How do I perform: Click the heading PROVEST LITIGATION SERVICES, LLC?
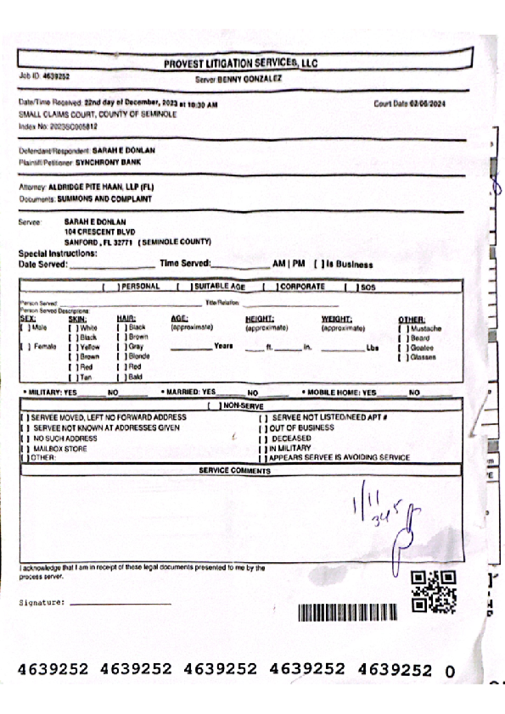point(239,64)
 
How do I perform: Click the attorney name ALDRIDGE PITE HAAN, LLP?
point(99,187)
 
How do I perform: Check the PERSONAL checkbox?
point(109,287)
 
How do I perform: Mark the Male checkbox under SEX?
point(24,327)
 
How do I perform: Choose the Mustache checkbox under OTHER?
point(402,328)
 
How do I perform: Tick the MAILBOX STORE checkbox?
point(25,448)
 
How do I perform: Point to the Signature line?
point(120,602)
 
